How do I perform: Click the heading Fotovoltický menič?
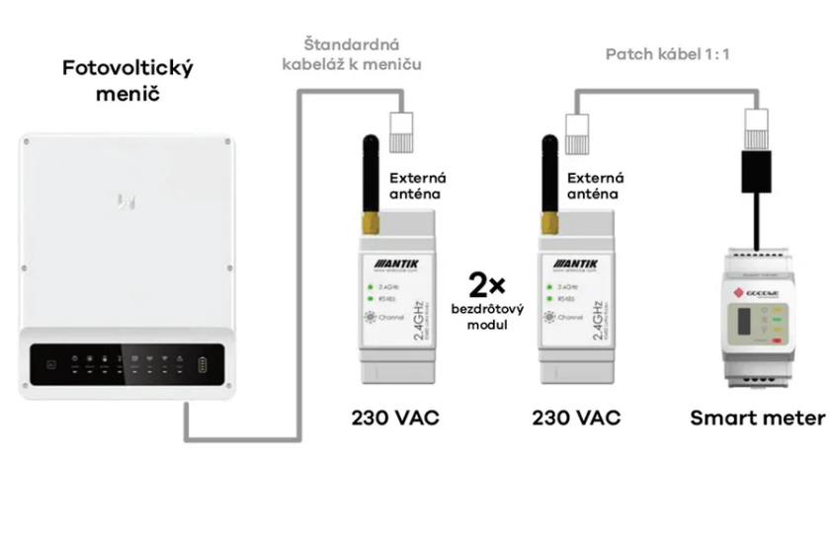point(126,82)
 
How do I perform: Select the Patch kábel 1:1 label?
point(667,53)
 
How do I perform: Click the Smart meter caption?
point(757,418)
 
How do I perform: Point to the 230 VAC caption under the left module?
point(396,418)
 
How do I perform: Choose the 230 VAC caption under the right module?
point(576,418)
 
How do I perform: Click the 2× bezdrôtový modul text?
point(486,300)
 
